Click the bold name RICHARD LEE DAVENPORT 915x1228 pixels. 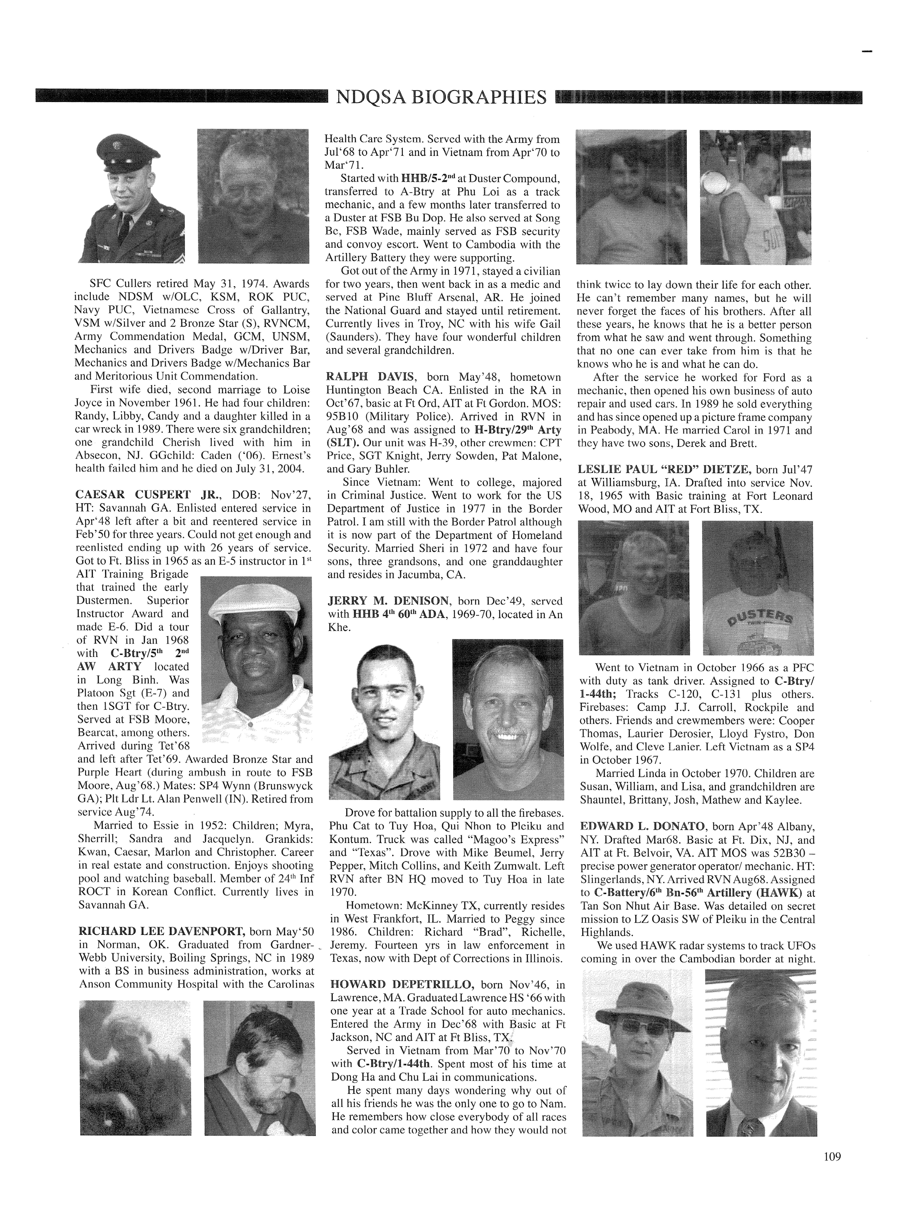pos(162,931)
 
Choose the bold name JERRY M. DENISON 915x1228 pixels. pos(391,601)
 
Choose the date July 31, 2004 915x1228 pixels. pos(269,469)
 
